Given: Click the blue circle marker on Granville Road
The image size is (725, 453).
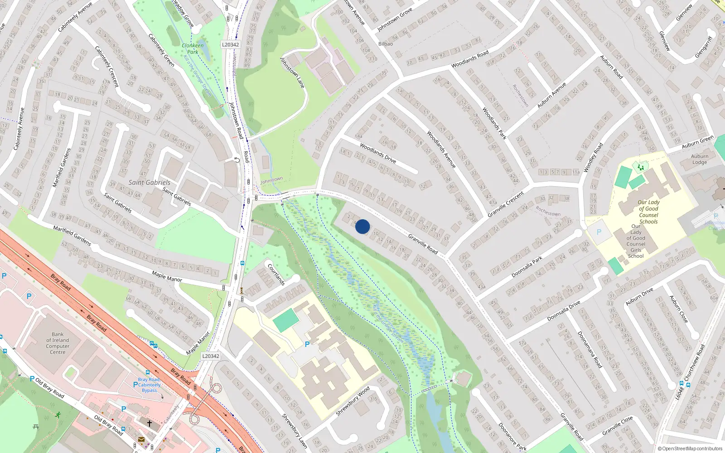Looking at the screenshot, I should coord(362,226).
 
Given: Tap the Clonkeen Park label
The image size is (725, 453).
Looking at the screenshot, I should coord(193,48).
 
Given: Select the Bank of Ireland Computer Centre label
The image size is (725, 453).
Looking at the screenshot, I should coord(58,343).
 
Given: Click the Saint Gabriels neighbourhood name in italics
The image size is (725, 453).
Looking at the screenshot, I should coord(150,183).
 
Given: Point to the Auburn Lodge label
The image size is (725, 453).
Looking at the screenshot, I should coord(700,159).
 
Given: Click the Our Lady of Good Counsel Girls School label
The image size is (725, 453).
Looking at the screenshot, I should coord(636,241).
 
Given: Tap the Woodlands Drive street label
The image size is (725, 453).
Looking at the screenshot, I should coord(378,153).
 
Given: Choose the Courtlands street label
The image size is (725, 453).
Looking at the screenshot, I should coord(276,275).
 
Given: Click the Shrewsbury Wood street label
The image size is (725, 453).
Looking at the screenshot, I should coord(353,401).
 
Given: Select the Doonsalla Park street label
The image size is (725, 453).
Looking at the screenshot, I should coord(527,267).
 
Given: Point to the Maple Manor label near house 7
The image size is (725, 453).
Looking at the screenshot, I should coord(167,276).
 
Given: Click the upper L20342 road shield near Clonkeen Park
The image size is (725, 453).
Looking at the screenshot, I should coord(230,44).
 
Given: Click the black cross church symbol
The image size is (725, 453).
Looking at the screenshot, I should coord(150,423).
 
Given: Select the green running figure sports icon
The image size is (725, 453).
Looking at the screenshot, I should coord(58,414).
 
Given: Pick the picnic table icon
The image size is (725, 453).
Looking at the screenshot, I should coord(36,427).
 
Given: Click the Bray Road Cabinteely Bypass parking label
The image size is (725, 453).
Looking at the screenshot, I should coord(149,385).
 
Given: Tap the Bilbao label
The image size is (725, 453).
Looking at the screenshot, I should coord(386,44).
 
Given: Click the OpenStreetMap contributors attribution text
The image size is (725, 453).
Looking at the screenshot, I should coord(690,448).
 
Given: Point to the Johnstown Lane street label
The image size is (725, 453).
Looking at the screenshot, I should coord(292,72).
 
